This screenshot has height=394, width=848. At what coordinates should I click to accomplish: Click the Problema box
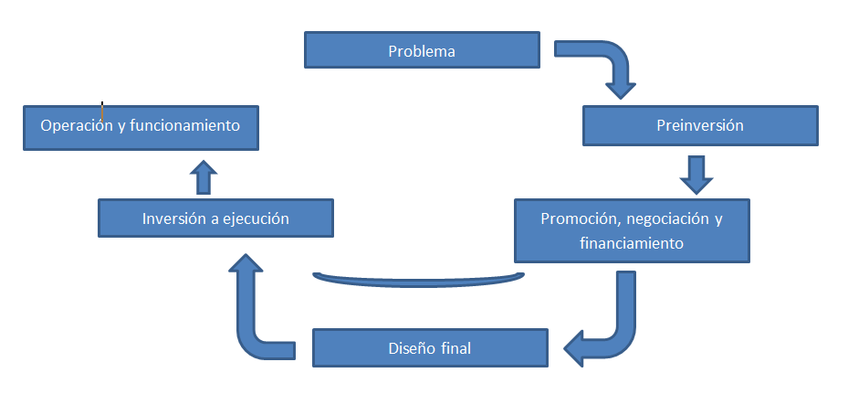[x=421, y=51]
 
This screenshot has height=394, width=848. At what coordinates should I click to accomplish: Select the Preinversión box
[x=700, y=126]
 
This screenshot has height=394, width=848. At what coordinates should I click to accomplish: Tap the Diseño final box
[x=429, y=348]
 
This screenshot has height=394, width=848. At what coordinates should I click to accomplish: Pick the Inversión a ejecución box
[x=215, y=219]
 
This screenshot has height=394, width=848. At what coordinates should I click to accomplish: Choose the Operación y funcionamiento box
[x=141, y=126]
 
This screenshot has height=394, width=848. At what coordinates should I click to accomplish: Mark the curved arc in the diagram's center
[x=418, y=279]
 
